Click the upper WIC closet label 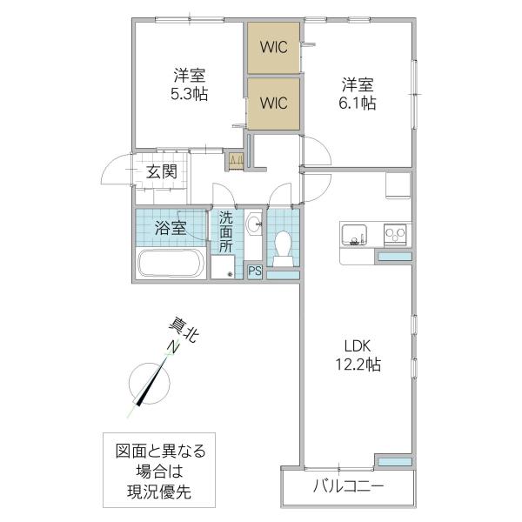[x=274, y=47]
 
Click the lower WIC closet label [x=274, y=103]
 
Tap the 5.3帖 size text [x=189, y=95]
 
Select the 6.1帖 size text [x=358, y=104]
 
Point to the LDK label [x=358, y=346]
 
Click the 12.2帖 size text [x=358, y=365]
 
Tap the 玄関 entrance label [x=162, y=172]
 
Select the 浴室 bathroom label [x=171, y=228]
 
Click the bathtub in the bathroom [x=171, y=263]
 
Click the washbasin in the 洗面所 [x=254, y=222]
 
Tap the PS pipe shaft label [x=255, y=271]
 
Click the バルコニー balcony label [x=348, y=487]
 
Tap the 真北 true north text [x=184, y=330]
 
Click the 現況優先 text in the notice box [x=159, y=492]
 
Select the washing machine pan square [x=223, y=267]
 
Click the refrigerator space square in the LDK [x=398, y=185]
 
